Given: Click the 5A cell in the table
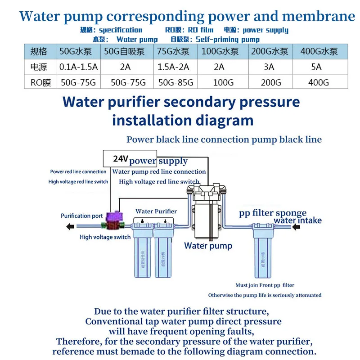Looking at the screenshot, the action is (x=316, y=67).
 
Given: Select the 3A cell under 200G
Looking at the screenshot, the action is (x=269, y=67).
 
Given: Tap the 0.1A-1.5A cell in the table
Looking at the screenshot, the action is (x=79, y=67).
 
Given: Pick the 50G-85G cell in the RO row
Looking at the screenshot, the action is (x=176, y=83).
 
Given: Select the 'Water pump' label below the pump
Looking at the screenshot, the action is (x=208, y=246).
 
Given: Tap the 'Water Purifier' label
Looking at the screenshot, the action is (x=156, y=211).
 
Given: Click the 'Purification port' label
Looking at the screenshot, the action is (x=82, y=216).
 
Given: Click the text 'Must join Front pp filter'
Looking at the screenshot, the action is (x=265, y=285).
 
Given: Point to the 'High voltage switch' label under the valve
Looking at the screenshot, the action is (x=105, y=237).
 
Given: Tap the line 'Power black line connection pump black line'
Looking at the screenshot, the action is (x=224, y=139).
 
